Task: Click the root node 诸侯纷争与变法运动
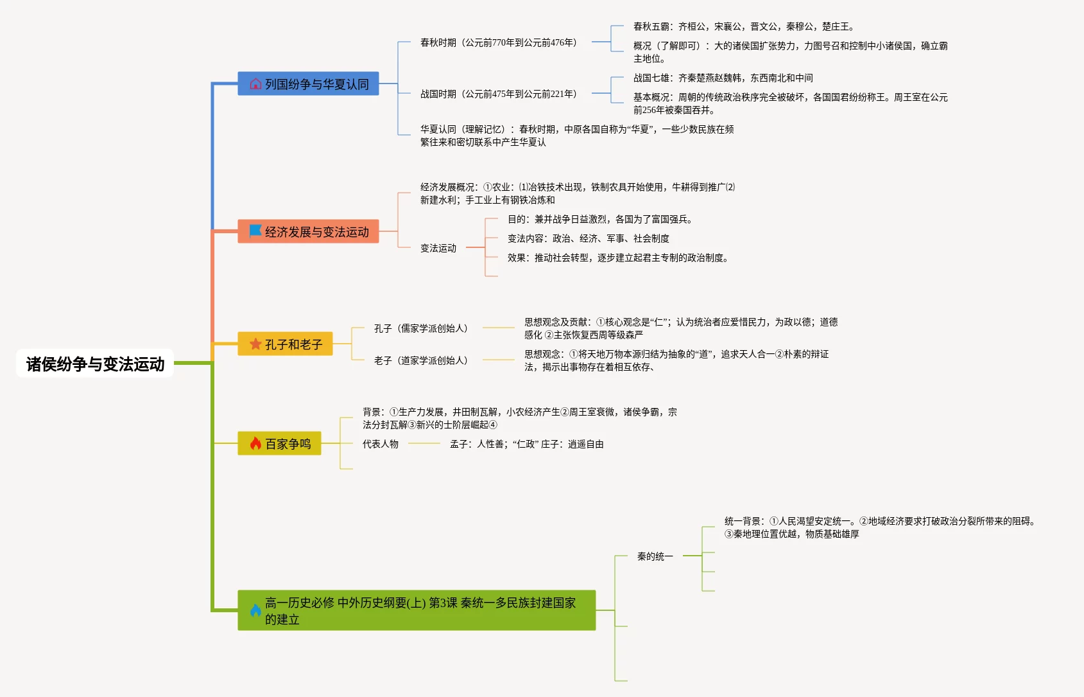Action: pos(95,364)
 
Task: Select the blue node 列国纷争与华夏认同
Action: pos(308,84)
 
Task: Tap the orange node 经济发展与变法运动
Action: pos(308,232)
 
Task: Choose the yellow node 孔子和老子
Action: pos(285,344)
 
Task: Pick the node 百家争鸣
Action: pos(279,444)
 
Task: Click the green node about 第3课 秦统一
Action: pos(417,610)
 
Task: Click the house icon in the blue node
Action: pos(255,84)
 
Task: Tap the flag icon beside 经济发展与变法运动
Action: pos(255,231)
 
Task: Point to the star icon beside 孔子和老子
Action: pos(255,344)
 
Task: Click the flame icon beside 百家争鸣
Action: pos(255,443)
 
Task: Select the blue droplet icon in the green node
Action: pos(255,610)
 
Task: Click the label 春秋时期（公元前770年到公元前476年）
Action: pos(498,42)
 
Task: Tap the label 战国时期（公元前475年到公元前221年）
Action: pos(498,94)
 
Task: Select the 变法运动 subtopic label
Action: pos(438,248)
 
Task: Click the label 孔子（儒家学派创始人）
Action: pos(420,328)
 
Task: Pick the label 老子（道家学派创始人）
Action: pos(420,360)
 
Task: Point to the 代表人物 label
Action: pos(381,444)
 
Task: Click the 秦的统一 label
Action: pos(655,556)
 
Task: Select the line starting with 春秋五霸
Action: pos(743,26)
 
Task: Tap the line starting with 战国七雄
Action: pos(723,78)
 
